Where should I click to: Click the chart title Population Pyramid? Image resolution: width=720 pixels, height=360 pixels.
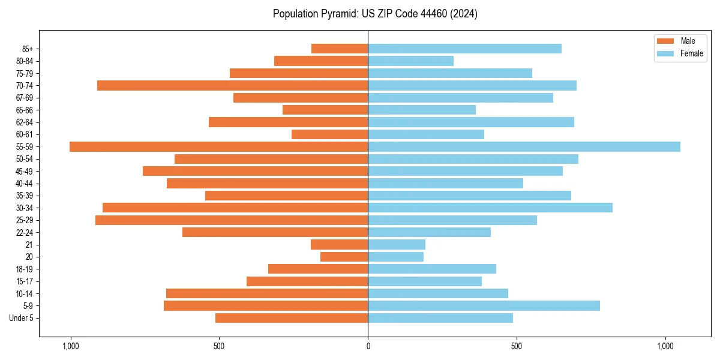point(375,14)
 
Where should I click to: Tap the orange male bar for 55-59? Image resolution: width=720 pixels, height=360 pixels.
point(218,147)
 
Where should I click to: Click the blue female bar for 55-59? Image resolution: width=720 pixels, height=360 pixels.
point(524,147)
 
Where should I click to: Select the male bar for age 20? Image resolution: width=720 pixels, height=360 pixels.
point(344,257)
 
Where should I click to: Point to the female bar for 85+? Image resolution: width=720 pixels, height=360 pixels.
point(464,49)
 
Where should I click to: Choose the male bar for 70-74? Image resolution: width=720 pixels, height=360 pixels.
point(232,86)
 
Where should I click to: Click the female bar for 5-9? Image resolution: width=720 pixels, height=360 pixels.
point(484,306)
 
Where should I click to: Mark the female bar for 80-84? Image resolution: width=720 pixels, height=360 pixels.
point(410,61)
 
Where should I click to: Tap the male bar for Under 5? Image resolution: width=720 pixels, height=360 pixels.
point(292,318)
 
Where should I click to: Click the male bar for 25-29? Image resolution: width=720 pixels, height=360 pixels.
point(232,220)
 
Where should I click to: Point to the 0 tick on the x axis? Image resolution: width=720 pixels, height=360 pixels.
point(368,346)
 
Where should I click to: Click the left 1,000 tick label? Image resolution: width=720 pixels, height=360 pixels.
point(71,346)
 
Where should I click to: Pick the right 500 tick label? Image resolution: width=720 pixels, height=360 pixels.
point(517,346)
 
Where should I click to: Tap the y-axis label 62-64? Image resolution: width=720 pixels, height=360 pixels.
point(25,122)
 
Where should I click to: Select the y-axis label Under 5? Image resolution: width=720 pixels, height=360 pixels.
point(22,318)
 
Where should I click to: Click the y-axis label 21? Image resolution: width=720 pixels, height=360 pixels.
point(29,245)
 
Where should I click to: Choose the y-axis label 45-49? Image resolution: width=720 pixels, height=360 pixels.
point(25,171)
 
